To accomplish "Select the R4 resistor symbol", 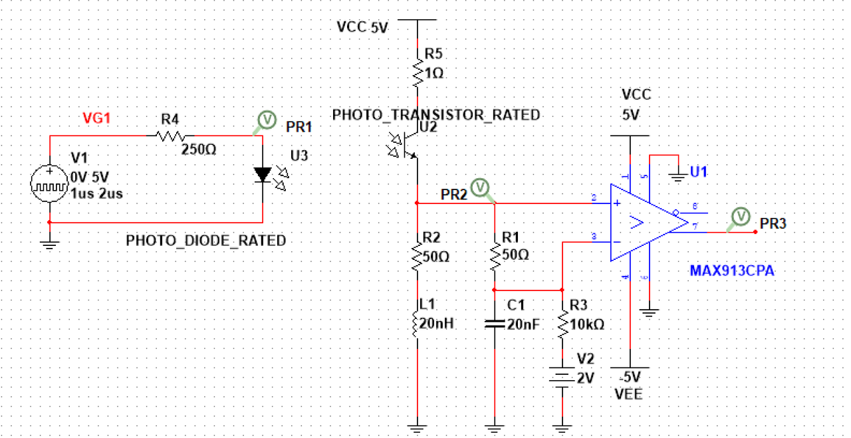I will (170, 136).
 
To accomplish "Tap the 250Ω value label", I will (199, 150).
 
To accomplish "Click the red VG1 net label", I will (96, 118).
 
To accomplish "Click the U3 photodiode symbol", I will (263, 175).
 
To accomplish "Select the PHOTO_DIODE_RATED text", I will (206, 241).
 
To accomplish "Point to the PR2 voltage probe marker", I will (479, 187).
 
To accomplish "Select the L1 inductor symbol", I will (417, 322).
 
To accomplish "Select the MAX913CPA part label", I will (732, 271).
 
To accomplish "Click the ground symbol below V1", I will (50, 244).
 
